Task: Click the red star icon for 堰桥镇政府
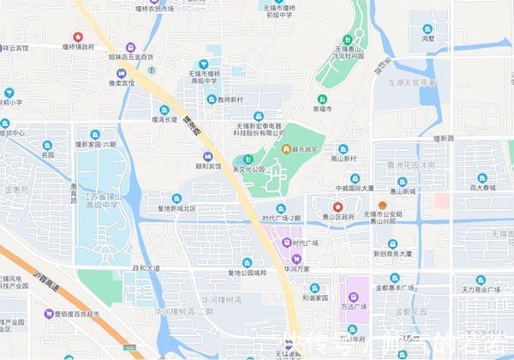click(x=78, y=37)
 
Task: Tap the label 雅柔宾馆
click(x=121, y=85)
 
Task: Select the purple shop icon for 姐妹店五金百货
click(x=130, y=46)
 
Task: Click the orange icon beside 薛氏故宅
click(x=287, y=151)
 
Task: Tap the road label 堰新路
click(x=443, y=137)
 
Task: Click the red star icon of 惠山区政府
click(x=338, y=207)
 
